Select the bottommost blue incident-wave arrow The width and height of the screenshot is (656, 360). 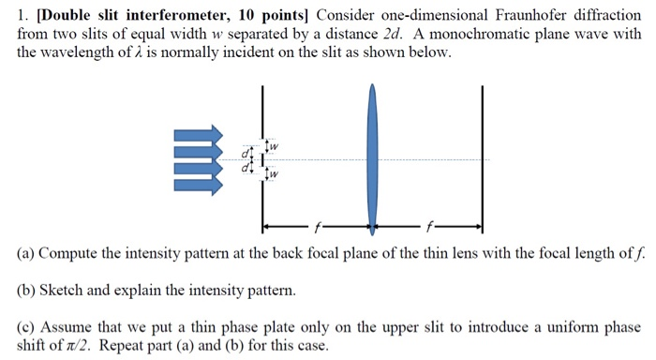(198, 184)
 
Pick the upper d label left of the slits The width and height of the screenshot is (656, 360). (245, 153)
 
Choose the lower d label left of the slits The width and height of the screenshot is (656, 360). (245, 169)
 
